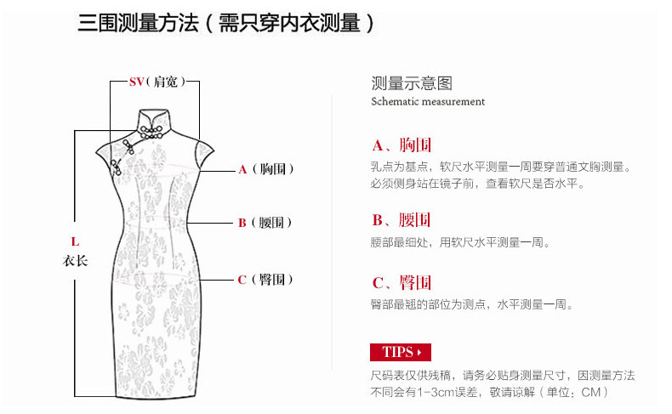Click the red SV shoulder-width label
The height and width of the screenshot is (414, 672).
136,82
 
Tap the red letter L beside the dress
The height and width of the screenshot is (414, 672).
75,241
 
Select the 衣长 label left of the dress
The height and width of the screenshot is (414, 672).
75,260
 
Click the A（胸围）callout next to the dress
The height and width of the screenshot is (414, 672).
266,169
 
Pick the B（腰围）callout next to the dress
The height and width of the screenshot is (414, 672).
265,223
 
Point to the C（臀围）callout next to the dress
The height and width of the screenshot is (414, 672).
265,280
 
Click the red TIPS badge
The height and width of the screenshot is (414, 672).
401,352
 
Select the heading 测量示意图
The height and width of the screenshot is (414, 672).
412,83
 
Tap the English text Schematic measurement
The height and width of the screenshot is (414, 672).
428,102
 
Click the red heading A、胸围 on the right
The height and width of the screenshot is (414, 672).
401,145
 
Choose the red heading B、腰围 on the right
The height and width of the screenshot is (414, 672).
401,220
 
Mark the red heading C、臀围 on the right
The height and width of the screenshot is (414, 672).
401,282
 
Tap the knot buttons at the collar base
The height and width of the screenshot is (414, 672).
151,133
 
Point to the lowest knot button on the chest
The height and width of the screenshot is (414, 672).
116,167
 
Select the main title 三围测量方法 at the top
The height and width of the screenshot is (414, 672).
138,23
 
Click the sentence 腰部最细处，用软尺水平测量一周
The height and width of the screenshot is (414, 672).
460,243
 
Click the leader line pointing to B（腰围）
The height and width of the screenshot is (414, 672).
209,223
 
